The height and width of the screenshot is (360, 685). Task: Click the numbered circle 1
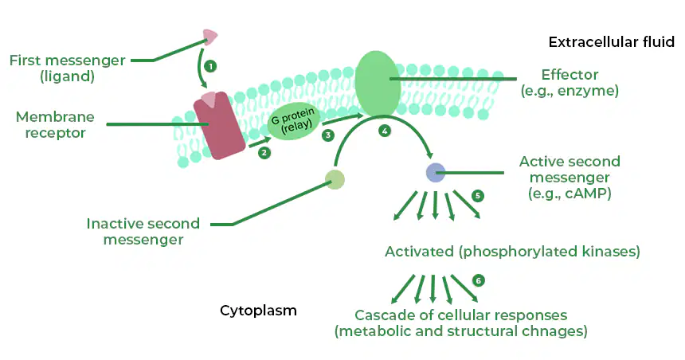click(210, 66)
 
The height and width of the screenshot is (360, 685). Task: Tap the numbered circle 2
click(264, 152)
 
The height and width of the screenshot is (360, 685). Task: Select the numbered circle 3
click(327, 135)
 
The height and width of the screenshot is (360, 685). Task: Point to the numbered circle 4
click(385, 131)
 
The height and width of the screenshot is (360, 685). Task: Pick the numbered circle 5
click(477, 196)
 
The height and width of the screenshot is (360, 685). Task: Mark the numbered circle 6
click(479, 280)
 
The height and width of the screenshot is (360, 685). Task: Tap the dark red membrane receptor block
click(219, 125)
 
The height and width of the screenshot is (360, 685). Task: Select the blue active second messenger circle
click(436, 173)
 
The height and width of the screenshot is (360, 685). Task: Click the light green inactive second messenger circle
click(335, 179)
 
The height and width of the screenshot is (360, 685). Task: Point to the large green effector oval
click(378, 84)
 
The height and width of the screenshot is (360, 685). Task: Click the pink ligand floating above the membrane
click(209, 37)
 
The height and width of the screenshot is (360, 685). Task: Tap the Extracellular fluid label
click(612, 42)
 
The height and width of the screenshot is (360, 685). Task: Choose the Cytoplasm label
click(258, 310)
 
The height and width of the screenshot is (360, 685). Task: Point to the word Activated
click(420, 252)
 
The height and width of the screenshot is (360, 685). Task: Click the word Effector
click(570, 75)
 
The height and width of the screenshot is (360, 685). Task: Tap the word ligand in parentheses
click(67, 76)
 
